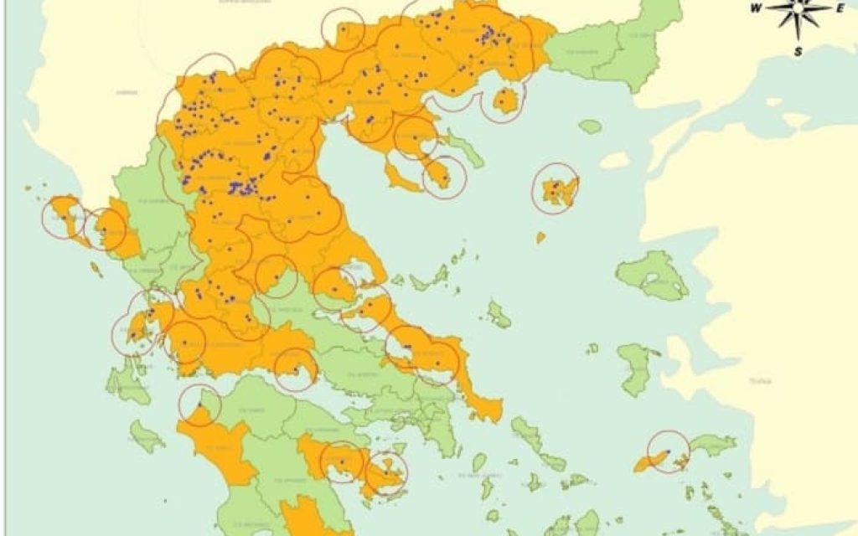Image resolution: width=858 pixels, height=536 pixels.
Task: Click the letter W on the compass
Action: pos(756,8)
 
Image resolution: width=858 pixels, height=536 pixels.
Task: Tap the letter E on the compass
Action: pos(839,8)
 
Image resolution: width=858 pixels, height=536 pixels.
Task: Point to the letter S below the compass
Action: pos(799,51)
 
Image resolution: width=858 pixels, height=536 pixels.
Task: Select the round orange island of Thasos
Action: pos(504,101)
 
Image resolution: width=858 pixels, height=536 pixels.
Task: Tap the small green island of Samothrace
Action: pos(590,126)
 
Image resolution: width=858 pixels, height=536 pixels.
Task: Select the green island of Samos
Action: pos(712,445)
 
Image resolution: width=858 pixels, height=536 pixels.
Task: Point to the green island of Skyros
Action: pos(499,315)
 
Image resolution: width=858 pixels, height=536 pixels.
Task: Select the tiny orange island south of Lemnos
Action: pos(540,237)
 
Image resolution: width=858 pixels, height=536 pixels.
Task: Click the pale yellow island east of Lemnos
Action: pos(614,160)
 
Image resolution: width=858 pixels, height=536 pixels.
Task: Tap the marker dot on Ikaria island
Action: pos(668,451)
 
